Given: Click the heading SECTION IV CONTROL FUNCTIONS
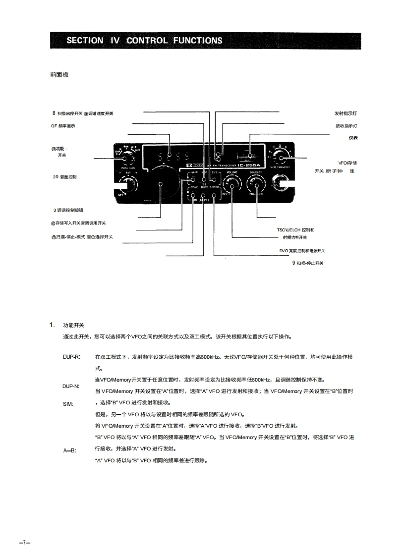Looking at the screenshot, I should [145, 40].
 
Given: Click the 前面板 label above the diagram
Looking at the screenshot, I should [59, 75].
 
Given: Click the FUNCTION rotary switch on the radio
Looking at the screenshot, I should [127, 159].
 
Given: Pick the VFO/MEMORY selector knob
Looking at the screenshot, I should [283, 158].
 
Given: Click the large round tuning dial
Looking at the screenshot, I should [161, 185].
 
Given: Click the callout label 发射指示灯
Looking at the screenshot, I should [346, 113].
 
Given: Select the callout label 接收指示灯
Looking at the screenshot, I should [346, 126].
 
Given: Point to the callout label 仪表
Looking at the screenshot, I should [353, 138].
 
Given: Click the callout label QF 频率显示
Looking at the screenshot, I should [62, 126].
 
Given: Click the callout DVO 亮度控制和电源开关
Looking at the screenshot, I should [302, 251].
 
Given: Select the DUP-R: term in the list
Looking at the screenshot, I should [71, 357].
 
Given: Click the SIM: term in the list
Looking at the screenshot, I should [68, 404].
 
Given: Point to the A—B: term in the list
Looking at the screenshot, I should [69, 451].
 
